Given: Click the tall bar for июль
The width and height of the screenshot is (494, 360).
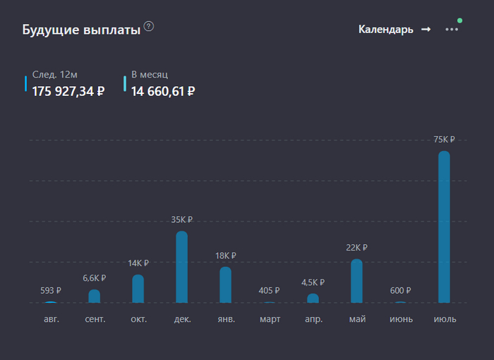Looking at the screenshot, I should pyautogui.click(x=444, y=227).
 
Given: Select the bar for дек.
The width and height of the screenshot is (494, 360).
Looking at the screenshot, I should pyautogui.click(x=181, y=267).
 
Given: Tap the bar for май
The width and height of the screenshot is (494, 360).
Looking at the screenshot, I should pyautogui.click(x=356, y=281).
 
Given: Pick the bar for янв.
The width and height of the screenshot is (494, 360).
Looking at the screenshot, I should pyautogui.click(x=225, y=284).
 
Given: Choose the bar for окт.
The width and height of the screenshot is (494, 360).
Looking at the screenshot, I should pyautogui.click(x=138, y=289).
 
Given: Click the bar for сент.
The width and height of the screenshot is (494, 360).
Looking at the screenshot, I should pyautogui.click(x=94, y=296).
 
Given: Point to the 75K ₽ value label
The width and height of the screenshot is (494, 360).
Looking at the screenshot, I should pyautogui.click(x=444, y=140).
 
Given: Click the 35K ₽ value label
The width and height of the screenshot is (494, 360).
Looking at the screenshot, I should pyautogui.click(x=181, y=220).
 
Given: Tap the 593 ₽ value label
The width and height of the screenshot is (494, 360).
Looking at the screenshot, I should pyautogui.click(x=51, y=290).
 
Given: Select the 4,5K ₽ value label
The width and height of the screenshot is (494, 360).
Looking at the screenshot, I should pyautogui.click(x=313, y=282).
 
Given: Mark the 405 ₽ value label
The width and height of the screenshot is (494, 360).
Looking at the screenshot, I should pyautogui.click(x=269, y=290).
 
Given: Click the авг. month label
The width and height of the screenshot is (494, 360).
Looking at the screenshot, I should pyautogui.click(x=51, y=319).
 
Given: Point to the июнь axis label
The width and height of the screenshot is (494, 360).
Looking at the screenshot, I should pyautogui.click(x=401, y=319).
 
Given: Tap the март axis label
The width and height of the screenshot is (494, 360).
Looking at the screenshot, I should pyautogui.click(x=270, y=319).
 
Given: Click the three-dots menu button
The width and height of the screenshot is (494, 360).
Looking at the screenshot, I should pyautogui.click(x=452, y=30).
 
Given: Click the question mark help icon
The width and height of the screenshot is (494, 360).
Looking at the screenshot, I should pyautogui.click(x=149, y=27).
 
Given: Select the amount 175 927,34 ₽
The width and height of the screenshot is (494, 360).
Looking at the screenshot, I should pyautogui.click(x=68, y=90).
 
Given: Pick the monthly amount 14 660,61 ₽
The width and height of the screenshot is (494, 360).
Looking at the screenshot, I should pyautogui.click(x=163, y=90).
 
